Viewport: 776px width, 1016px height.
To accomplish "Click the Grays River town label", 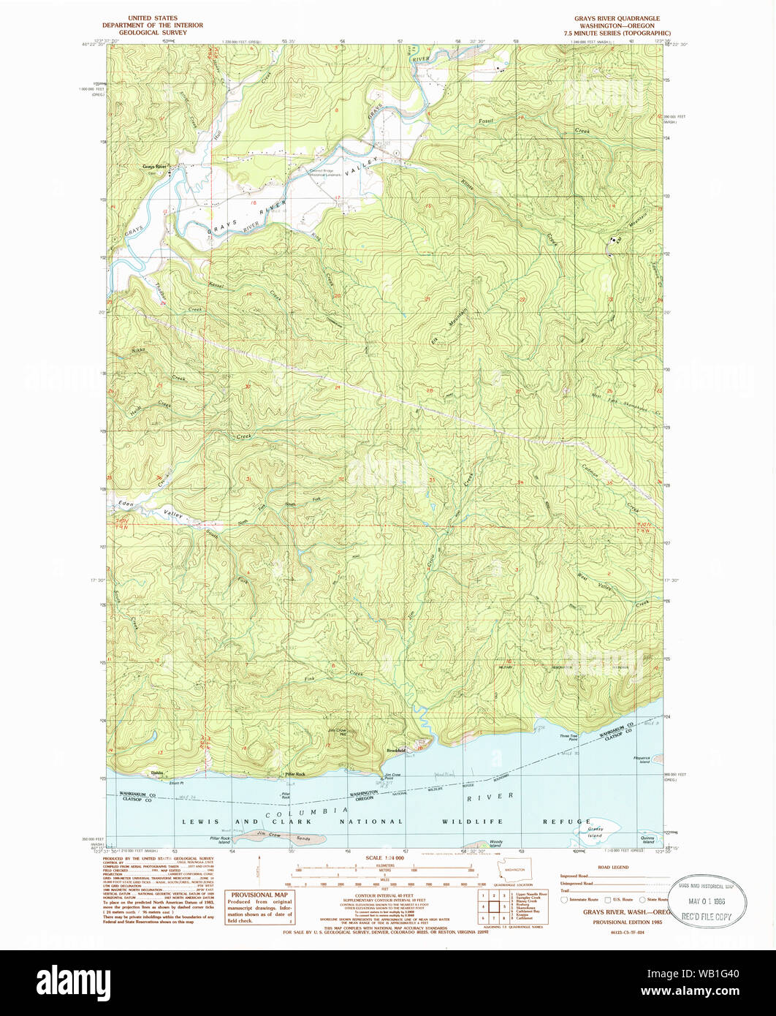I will click(x=154, y=167).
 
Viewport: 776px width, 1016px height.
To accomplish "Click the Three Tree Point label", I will click(x=568, y=738).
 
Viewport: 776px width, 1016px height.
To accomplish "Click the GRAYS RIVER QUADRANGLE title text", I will click(x=617, y=18).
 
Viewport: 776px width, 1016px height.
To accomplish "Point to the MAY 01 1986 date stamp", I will click(x=707, y=904).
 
